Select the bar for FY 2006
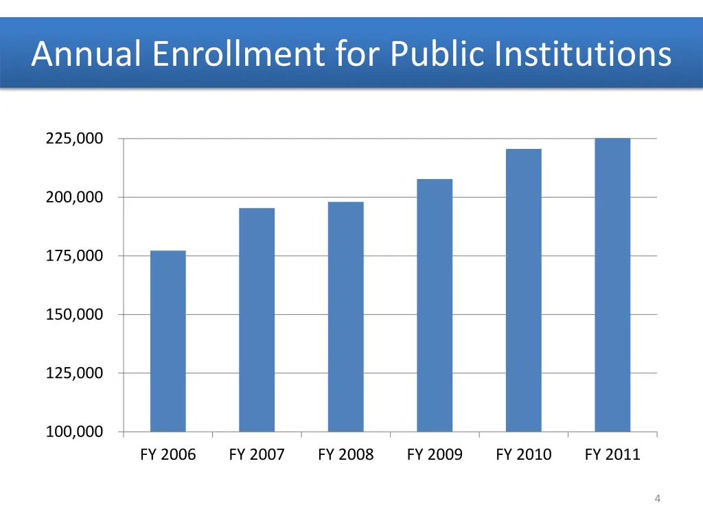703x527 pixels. pyautogui.click(x=168, y=341)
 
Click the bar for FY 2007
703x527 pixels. pyautogui.click(x=257, y=320)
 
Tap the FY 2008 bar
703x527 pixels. pyautogui.click(x=345, y=316)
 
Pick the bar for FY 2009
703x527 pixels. pyautogui.click(x=435, y=305)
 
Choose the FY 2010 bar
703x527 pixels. pyautogui.click(x=523, y=290)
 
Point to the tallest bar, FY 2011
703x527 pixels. pyautogui.click(x=612, y=285)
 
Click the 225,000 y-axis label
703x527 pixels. pyautogui.click(x=74, y=139)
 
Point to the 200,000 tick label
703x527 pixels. pyautogui.click(x=74, y=198)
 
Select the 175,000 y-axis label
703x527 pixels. pyautogui.click(x=74, y=256)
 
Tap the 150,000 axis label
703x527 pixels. pyautogui.click(x=74, y=315)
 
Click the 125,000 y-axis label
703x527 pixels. pyautogui.click(x=74, y=373)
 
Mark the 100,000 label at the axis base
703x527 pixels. pyautogui.click(x=74, y=432)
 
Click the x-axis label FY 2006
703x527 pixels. pyautogui.click(x=168, y=454)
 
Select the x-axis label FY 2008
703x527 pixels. pyautogui.click(x=345, y=454)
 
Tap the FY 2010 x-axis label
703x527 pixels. pyautogui.click(x=523, y=454)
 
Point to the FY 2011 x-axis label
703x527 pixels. pyautogui.click(x=612, y=454)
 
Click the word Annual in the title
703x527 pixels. pyautogui.click(x=87, y=54)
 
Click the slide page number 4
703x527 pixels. pyautogui.click(x=658, y=499)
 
